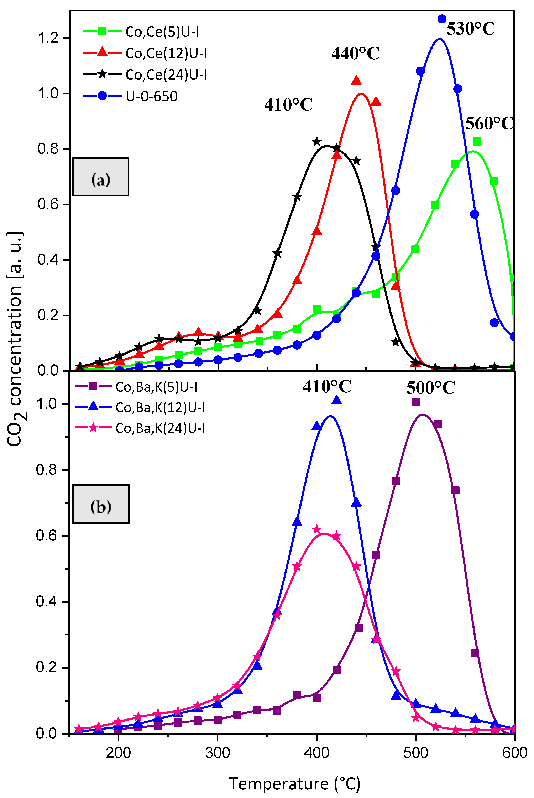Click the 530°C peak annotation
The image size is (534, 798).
470,29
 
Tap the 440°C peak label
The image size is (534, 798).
355,54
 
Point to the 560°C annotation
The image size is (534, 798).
489,123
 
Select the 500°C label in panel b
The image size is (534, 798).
430,388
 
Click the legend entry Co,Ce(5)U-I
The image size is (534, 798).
162,32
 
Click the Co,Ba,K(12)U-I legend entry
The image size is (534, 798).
160,407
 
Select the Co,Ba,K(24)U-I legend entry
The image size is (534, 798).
160,428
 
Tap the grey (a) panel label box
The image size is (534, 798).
101,177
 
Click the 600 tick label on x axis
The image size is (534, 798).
514,753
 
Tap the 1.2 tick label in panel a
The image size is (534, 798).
48,38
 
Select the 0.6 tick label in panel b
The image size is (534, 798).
47,536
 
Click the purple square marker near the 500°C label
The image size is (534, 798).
415,402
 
